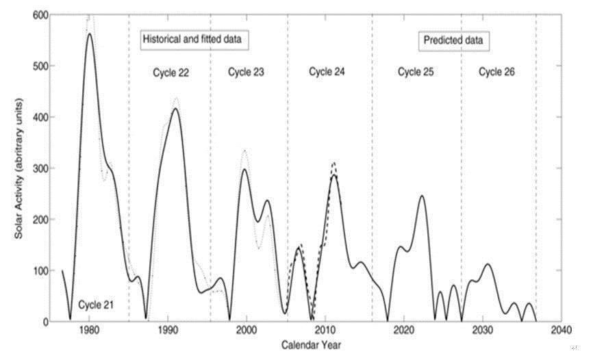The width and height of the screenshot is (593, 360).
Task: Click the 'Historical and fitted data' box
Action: click(x=194, y=40)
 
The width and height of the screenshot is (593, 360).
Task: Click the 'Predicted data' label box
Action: click(x=453, y=40)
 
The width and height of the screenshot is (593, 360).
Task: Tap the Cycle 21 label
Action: click(x=94, y=304)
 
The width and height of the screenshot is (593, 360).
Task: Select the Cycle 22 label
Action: click(x=171, y=72)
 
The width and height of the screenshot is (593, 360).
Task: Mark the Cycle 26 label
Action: click(x=496, y=71)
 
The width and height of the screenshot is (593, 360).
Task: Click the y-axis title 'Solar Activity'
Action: click(x=23, y=168)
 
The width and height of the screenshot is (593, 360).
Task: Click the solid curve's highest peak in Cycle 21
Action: click(x=90, y=34)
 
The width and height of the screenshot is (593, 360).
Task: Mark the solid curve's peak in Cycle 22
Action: click(x=176, y=109)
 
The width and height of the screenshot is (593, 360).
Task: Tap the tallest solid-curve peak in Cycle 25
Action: click(x=422, y=196)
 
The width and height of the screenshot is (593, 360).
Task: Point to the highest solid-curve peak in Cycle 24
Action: click(x=334, y=175)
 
